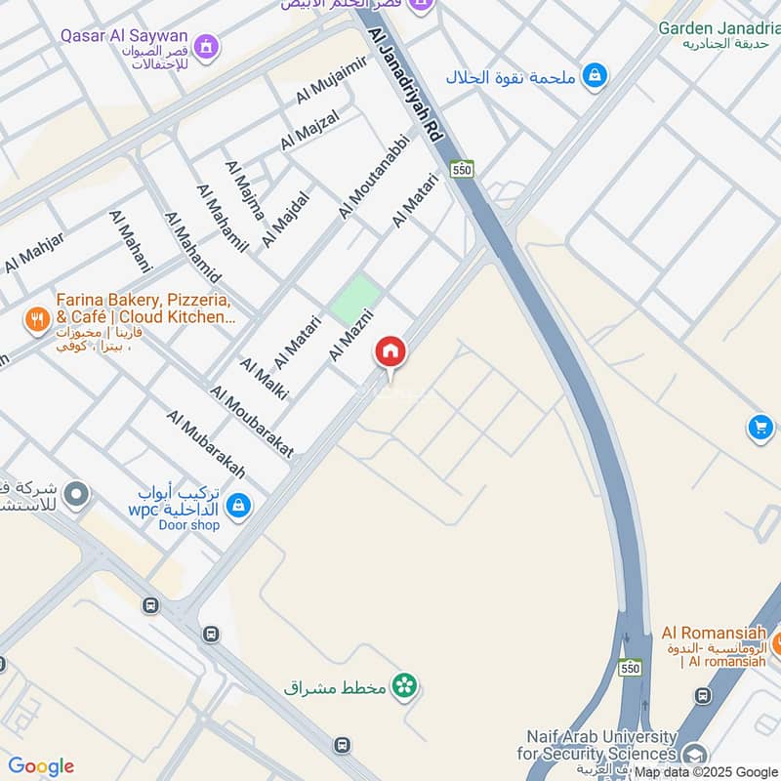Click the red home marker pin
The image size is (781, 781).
pos(390,352)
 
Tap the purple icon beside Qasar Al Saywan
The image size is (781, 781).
pos(206,45)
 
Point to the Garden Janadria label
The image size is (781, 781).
pos(719,27)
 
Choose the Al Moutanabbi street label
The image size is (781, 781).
pos(372,176)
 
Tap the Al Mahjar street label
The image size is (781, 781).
pos(34,253)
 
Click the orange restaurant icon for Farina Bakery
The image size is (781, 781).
pos(37,318)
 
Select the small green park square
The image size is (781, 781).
pos(354,298)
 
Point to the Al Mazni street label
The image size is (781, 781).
pos(349,333)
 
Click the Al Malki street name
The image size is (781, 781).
pos(257,384)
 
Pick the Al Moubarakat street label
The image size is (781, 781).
pos(251,421)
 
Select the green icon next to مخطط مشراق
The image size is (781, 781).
pos(404,687)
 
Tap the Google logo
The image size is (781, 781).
pos(41,766)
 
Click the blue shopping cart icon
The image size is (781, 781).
pos(760,428)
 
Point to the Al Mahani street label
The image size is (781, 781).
pos(132,240)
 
